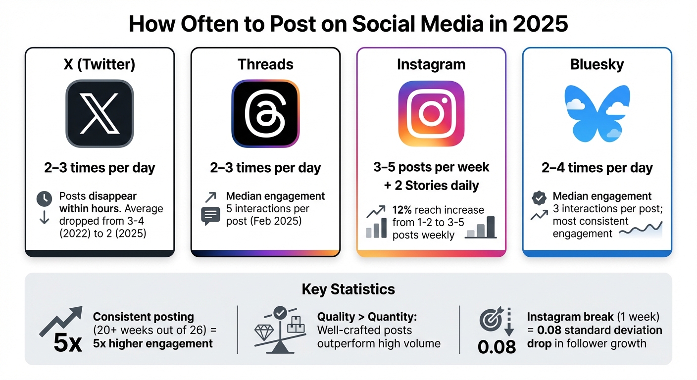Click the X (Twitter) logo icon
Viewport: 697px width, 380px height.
tap(100, 114)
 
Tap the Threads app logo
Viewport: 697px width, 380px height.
tap(265, 114)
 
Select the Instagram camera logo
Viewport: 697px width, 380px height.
tap(431, 114)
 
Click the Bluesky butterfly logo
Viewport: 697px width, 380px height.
tap(597, 113)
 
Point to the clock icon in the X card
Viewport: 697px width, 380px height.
tap(44, 199)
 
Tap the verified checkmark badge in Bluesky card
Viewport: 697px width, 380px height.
tap(538, 198)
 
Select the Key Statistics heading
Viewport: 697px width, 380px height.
tap(348, 289)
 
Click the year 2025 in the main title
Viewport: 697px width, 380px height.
tap(543, 24)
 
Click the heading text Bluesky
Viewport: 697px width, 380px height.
tap(597, 65)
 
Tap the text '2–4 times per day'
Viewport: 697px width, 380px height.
tap(597, 168)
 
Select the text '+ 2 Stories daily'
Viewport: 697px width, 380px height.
tap(431, 186)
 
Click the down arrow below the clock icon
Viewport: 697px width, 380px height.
tap(44, 218)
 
